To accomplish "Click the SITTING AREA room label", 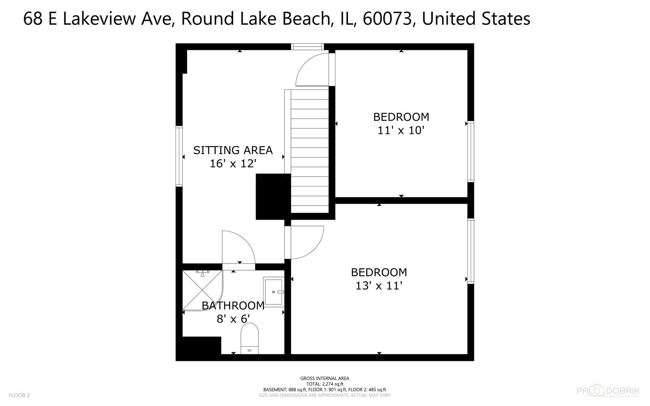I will coord(233,150).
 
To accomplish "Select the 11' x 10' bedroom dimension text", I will coord(401,130).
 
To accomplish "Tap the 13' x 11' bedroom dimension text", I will coord(379,286).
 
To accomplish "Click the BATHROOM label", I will coord(233,306).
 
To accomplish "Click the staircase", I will coord(310,150).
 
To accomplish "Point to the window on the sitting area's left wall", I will coord(179,156).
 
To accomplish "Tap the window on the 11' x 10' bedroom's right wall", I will coord(470,151).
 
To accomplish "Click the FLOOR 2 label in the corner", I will coord(19,395).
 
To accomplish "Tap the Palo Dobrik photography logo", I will coord(608,392).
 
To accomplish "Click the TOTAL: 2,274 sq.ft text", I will coord(324,384).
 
